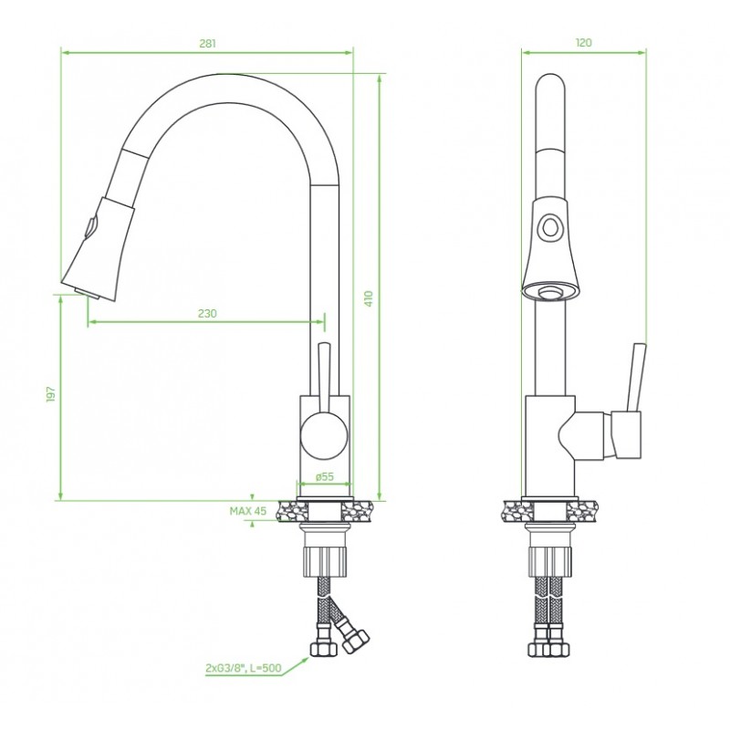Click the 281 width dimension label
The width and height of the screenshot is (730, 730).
point(208,43)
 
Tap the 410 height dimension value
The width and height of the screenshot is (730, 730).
point(369,298)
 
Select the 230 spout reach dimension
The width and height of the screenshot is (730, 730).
point(207,313)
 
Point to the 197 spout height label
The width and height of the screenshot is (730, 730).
point(51,394)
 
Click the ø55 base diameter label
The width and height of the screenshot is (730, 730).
point(325,476)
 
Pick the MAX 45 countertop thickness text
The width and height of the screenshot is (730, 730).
point(248,511)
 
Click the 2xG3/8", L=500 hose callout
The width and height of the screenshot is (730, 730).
point(244,668)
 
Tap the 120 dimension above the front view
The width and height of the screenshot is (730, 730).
point(583,43)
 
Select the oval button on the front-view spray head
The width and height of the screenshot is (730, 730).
point(551,227)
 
